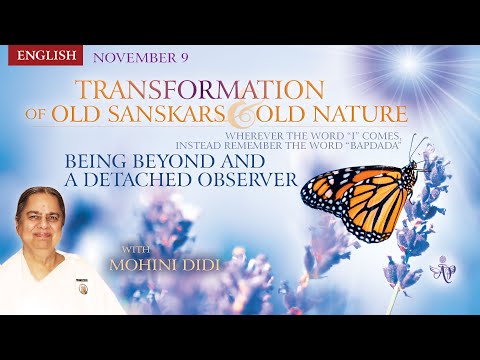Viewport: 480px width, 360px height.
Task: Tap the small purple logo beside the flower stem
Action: point(437,270)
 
